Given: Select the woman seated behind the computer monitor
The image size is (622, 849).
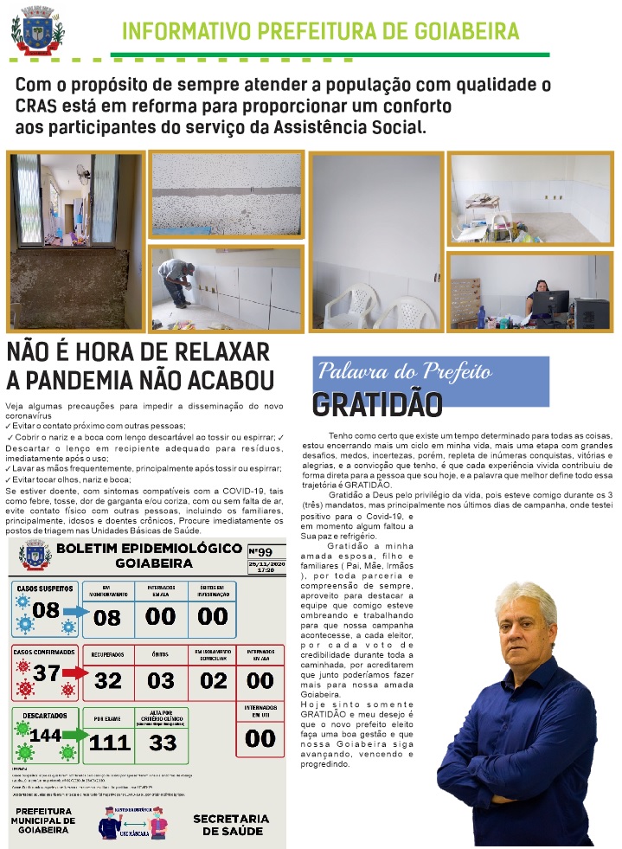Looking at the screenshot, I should (543, 292).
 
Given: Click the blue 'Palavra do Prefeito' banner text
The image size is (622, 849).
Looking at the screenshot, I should (405, 372).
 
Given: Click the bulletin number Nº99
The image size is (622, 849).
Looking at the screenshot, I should (260, 551).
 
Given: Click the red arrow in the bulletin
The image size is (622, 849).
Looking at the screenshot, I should (74, 673).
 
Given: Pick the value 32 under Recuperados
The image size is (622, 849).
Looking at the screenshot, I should (108, 680).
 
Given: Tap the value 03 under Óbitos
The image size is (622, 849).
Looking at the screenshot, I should (161, 680).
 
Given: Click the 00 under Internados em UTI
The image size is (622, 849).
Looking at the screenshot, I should (260, 737).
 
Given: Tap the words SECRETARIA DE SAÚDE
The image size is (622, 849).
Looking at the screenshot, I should (231, 824).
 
